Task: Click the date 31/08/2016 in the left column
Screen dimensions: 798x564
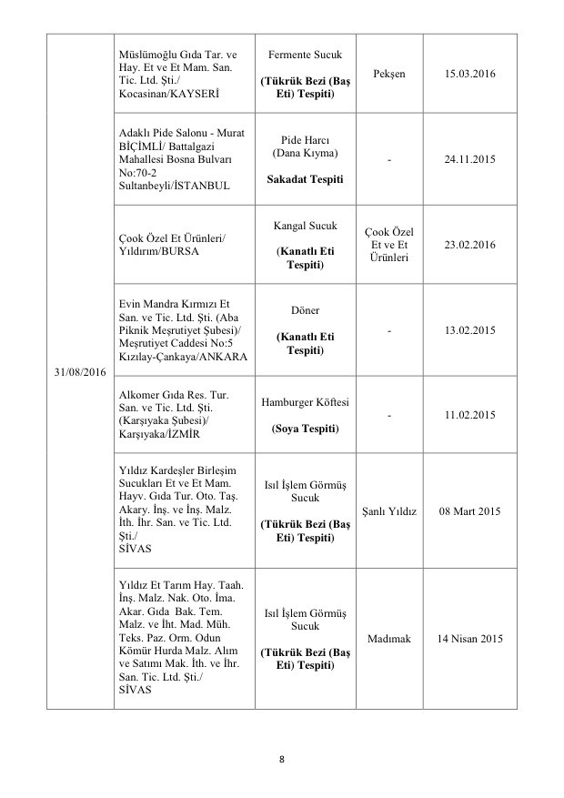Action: point(79,372)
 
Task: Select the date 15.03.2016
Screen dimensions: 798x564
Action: point(471,72)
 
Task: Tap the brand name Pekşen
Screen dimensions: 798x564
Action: point(389,72)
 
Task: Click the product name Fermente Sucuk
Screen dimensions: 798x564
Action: point(306,54)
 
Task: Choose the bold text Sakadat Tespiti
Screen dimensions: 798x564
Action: point(306,179)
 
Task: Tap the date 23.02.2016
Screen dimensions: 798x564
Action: point(471,245)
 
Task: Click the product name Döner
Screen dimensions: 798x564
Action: point(306,310)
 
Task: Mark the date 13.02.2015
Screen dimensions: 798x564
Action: point(471,330)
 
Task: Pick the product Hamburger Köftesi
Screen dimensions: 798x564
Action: point(306,402)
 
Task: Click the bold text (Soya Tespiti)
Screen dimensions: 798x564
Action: point(306,428)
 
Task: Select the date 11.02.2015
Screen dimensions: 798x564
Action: point(471,415)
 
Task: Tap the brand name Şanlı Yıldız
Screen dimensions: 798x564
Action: point(389,510)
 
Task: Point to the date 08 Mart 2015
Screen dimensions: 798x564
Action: point(471,510)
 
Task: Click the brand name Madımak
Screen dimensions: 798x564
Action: point(389,639)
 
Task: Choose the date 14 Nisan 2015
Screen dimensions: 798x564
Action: point(471,639)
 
